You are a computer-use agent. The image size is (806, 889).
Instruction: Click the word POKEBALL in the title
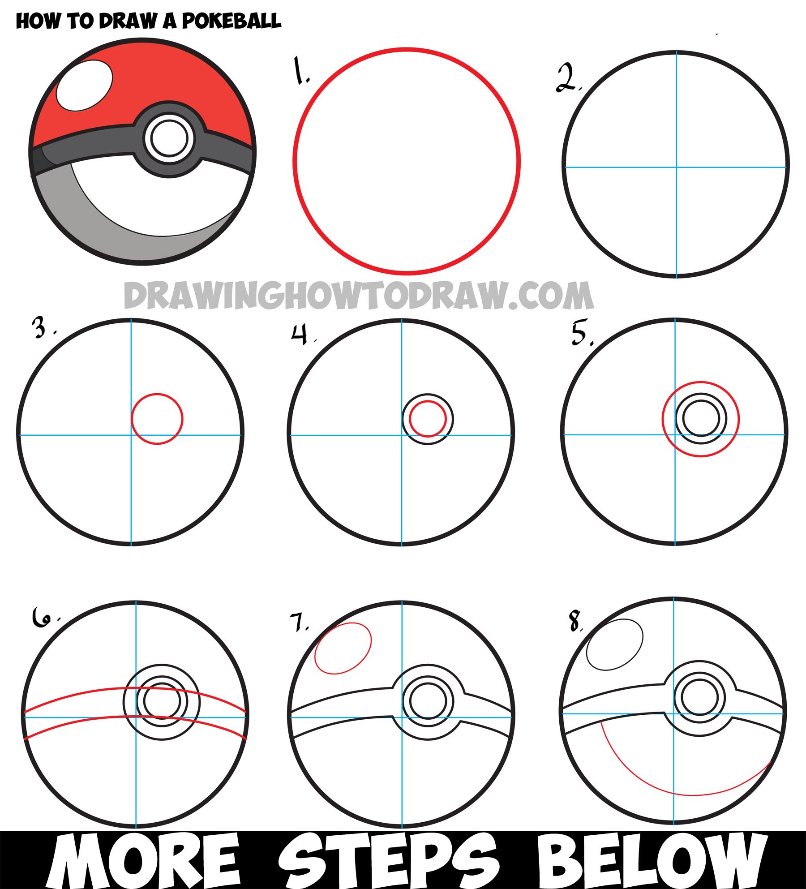(x=231, y=21)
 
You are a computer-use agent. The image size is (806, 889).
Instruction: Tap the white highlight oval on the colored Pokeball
(x=85, y=86)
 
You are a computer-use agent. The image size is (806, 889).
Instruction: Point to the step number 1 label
(x=300, y=71)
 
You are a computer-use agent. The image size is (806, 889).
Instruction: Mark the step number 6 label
(x=42, y=618)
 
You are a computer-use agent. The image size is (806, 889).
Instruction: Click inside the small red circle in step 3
(x=157, y=419)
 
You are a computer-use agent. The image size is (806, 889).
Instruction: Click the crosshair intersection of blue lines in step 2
(x=677, y=167)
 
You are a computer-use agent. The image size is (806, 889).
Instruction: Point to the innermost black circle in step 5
(x=701, y=418)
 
